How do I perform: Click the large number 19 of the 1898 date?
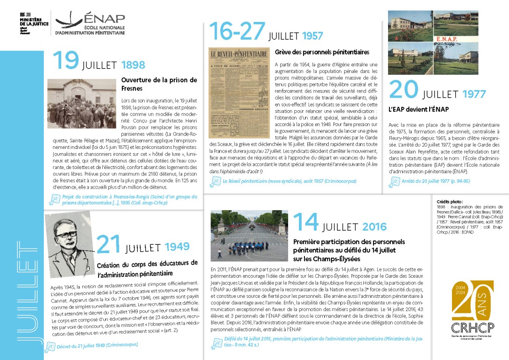(65, 61)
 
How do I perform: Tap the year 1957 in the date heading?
(312, 36)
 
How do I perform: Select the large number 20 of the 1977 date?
(403, 91)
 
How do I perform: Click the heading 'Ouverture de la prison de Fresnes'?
(159, 84)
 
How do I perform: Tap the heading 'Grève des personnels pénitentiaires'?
(322, 52)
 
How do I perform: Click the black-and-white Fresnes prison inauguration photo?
(81, 103)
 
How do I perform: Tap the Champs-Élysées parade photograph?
(248, 234)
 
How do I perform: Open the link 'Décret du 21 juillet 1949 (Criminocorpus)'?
(97, 346)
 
